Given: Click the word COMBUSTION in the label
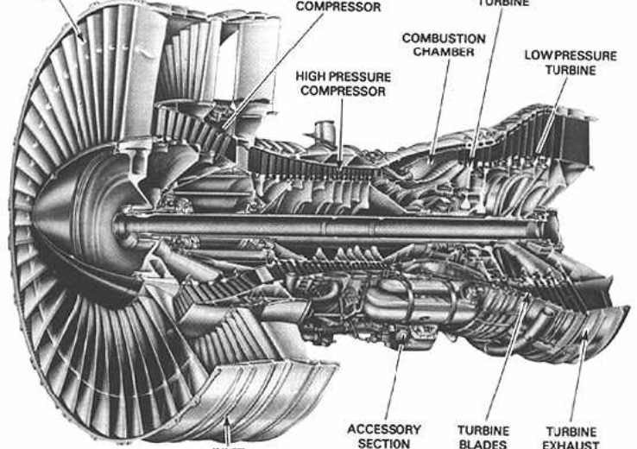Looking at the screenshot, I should pos(444,39).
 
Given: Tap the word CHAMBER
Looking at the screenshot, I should pos(444,52).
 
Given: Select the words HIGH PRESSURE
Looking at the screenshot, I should pos(344,77).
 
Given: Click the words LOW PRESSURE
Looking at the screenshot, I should pos(571,56).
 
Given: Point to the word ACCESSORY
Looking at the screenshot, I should pos(384,429).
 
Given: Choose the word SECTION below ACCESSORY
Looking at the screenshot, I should pos(384,443).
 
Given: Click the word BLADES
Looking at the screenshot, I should pos(483,444).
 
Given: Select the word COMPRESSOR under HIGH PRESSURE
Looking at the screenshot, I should pos(344,90).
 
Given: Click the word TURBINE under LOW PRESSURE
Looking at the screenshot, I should pos(571,69).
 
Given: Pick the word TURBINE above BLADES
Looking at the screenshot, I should pos(483,430).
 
